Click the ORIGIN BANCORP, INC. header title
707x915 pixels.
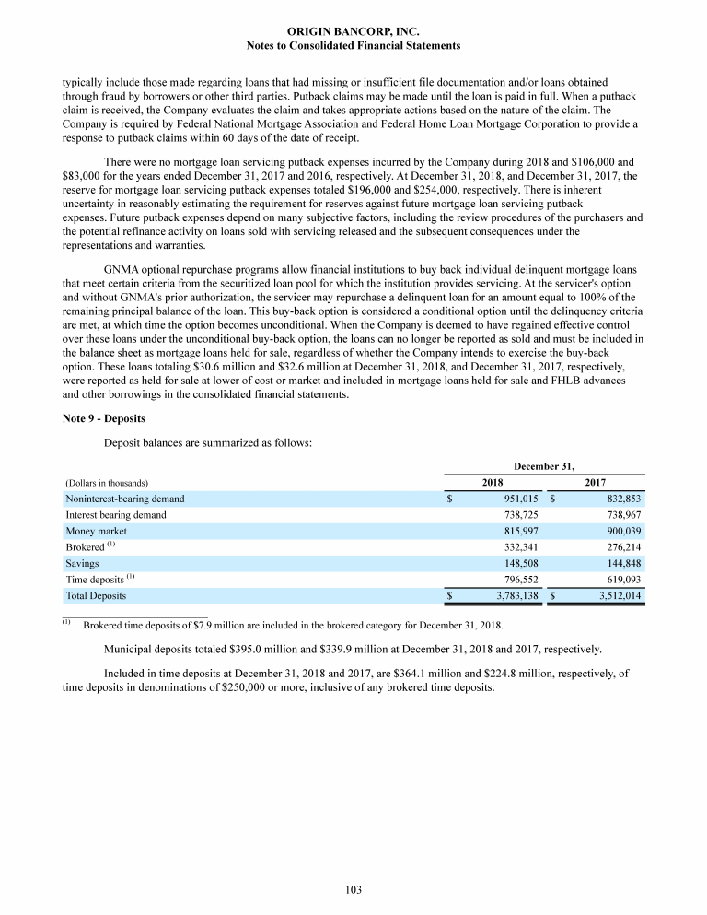pyautogui.click(x=353, y=30)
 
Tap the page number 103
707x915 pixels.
pyautogui.click(x=353, y=889)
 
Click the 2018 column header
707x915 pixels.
pyautogui.click(x=493, y=482)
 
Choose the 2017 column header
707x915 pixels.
pyautogui.click(x=596, y=482)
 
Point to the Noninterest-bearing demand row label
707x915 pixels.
pyautogui.click(x=124, y=499)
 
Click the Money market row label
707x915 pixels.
pyautogui.click(x=96, y=532)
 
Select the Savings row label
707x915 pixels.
pyautogui.click(x=82, y=563)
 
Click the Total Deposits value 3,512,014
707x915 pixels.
pyautogui.click(x=615, y=596)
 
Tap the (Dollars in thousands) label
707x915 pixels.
pyautogui.click(x=107, y=483)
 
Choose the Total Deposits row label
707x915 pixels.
pyautogui.click(x=95, y=596)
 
